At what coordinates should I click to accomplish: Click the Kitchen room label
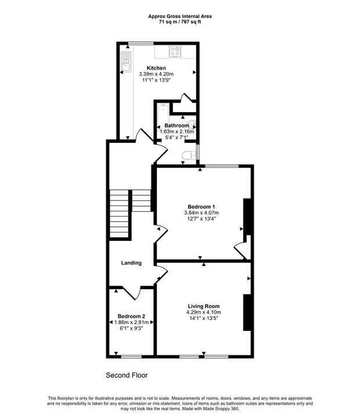(156, 68)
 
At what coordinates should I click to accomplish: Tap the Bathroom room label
(177, 125)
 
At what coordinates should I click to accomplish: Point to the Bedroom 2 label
(124, 316)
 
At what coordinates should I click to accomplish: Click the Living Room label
(203, 306)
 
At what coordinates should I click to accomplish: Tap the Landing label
(131, 263)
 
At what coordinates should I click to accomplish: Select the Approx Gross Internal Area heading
(180, 16)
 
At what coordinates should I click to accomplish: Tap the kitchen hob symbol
(175, 52)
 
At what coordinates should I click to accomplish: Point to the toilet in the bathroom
(188, 155)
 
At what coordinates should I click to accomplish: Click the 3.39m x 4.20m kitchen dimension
(156, 74)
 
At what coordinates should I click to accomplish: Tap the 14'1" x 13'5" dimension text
(203, 319)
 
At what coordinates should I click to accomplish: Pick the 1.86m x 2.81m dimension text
(124, 323)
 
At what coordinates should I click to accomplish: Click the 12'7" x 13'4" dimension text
(201, 219)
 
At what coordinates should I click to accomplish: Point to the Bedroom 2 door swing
(131, 294)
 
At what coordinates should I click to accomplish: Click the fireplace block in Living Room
(247, 312)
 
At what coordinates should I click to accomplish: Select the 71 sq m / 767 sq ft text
(180, 22)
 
